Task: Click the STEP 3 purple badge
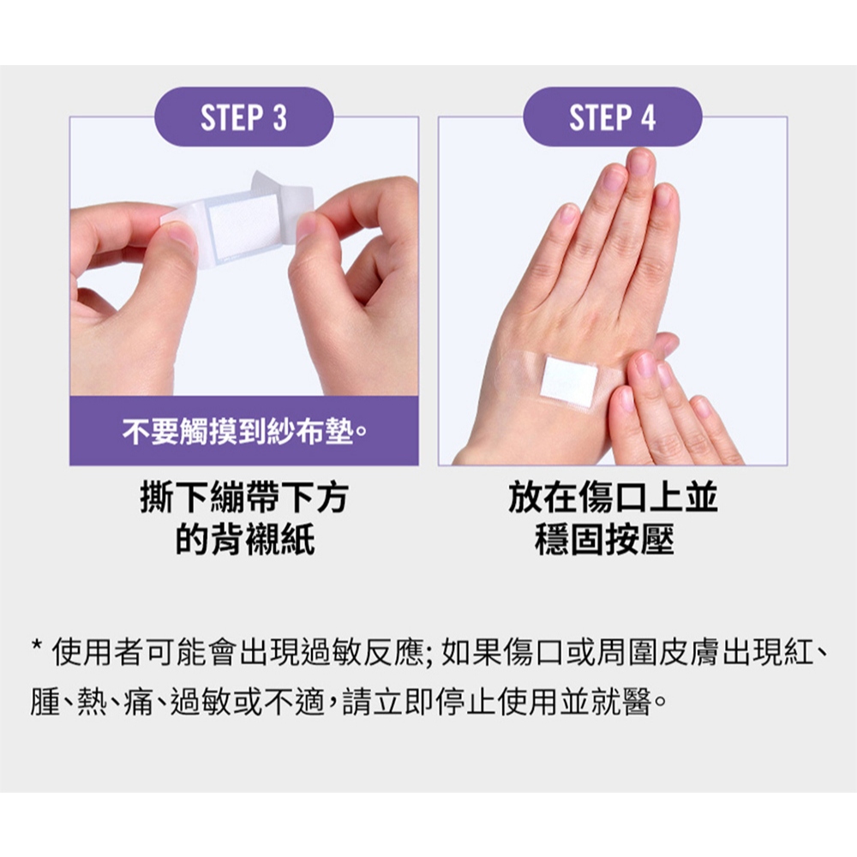click(x=243, y=117)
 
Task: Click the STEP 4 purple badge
click(x=612, y=117)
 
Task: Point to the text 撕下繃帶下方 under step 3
click(x=244, y=497)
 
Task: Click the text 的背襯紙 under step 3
click(x=245, y=540)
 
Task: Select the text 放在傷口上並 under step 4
click(x=613, y=497)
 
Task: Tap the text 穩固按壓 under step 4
click(x=604, y=540)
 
